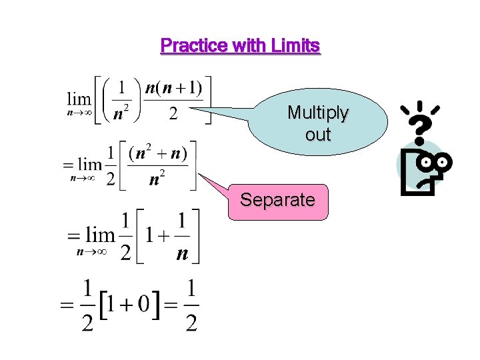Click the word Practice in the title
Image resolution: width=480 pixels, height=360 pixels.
(x=194, y=46)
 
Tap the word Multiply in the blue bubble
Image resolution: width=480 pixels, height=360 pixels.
(x=317, y=113)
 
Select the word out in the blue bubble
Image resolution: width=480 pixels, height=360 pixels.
(x=318, y=134)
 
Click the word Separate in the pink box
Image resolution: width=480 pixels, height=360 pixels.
(x=277, y=200)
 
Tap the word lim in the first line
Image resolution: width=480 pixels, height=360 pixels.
(x=79, y=99)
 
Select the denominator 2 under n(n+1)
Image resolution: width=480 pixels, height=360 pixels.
(x=173, y=115)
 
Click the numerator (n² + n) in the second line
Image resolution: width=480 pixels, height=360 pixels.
(x=158, y=154)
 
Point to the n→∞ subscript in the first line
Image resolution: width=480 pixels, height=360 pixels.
(x=79, y=115)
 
